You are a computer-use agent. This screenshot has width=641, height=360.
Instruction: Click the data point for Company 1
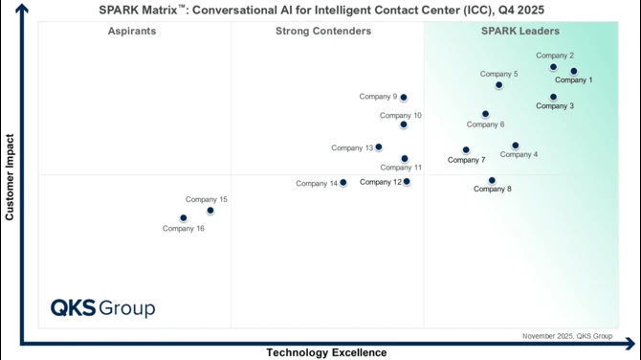pos(574,71)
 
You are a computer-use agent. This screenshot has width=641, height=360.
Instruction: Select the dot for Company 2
pos(553,67)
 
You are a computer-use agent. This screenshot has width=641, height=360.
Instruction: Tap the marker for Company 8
pos(492,180)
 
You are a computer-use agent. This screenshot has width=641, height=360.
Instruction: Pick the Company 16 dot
pos(184,217)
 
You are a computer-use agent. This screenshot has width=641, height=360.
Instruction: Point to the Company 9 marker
pos(404,97)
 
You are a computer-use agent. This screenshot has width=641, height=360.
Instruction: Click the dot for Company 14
pos(343,182)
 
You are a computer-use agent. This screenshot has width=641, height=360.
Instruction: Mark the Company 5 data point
pos(499,85)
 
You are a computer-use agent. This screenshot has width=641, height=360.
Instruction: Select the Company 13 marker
pos(379,147)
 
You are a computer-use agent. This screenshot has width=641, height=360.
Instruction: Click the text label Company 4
pos(519,155)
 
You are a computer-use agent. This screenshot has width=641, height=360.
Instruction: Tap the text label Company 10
pos(400,116)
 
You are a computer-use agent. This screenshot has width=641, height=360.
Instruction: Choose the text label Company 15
pos(207,200)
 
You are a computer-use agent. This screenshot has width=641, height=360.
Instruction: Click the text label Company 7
pos(466,160)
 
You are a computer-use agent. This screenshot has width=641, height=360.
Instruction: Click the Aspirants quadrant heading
pos(133,32)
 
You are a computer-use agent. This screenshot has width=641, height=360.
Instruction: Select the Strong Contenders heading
pos(323,32)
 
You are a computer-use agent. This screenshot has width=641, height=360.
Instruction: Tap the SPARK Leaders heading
pos(519,32)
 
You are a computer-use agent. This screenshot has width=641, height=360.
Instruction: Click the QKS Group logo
pos(102,308)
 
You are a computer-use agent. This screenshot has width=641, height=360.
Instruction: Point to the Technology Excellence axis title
pos(326,352)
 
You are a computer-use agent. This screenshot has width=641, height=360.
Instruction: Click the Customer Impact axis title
pos(10,177)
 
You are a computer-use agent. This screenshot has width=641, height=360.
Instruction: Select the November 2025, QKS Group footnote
pos(567,336)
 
